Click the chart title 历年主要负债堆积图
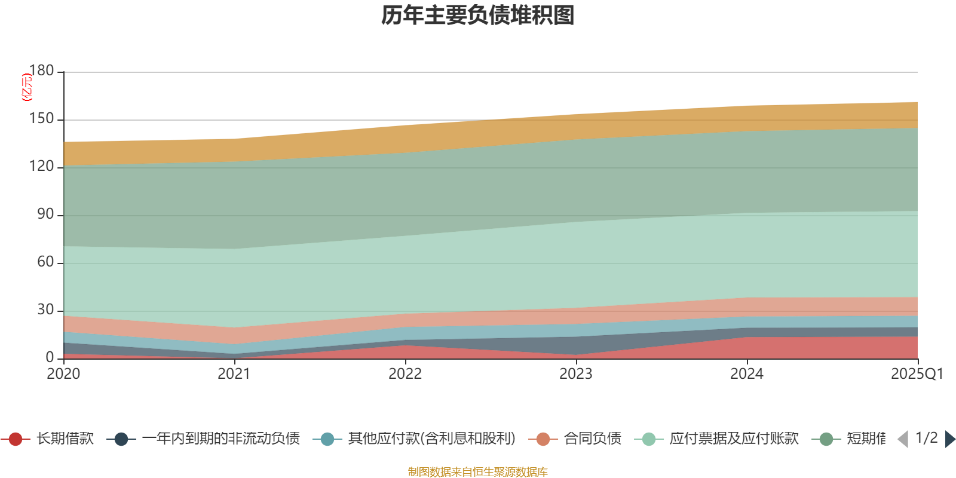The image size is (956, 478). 478,16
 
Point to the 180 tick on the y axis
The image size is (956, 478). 42,71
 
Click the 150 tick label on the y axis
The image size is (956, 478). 42,119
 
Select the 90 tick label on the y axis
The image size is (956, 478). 45,215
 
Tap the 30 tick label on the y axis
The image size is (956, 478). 45,310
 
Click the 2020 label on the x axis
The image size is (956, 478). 63,374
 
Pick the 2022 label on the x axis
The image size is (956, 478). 405,374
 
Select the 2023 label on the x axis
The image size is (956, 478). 576,374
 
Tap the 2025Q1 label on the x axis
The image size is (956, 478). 917,374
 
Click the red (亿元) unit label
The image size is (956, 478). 27,87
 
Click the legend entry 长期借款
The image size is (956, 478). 65,439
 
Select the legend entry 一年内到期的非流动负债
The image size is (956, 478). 220,439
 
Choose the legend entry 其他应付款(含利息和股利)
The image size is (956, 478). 431,439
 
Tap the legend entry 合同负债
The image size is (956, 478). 592,439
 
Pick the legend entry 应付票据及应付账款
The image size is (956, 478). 734,439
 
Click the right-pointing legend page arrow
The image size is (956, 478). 949,439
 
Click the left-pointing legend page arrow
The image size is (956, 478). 903,439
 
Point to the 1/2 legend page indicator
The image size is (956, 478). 926,438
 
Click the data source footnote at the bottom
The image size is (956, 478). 478,472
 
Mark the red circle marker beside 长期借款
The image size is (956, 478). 16,439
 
